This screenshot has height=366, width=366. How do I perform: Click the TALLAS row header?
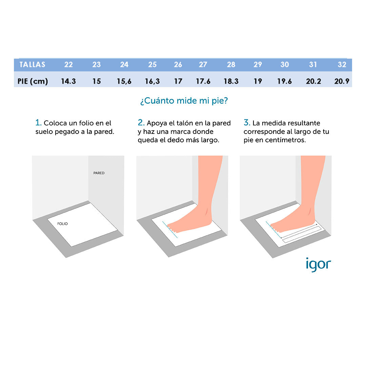pos(32,64)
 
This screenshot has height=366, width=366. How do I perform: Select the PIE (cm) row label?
pos(33,81)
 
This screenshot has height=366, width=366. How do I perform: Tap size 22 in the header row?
pos(68,64)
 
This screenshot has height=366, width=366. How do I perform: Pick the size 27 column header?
pos(203,64)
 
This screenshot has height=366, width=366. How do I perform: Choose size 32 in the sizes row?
pos(342,64)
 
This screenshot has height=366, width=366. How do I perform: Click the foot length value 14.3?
pos(68,81)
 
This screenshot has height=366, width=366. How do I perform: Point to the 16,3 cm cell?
pos(152,81)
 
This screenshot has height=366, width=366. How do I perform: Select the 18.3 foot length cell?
pos(231,81)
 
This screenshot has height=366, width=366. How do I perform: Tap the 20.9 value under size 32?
pos(342,81)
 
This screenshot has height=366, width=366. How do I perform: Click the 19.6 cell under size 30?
pos(284,81)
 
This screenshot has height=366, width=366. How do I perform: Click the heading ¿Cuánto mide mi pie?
pos(184,101)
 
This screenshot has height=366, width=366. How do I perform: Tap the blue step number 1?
pos(38,123)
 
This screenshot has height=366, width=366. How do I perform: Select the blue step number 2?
pos(141,123)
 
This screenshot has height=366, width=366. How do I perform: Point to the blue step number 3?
pos(247,123)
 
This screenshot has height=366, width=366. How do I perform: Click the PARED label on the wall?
pos(99,173)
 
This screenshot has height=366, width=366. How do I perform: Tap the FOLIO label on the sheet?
pos(62,224)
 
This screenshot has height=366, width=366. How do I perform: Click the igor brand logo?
pos(318,264)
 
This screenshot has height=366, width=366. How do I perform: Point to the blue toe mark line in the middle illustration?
pos(170,230)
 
